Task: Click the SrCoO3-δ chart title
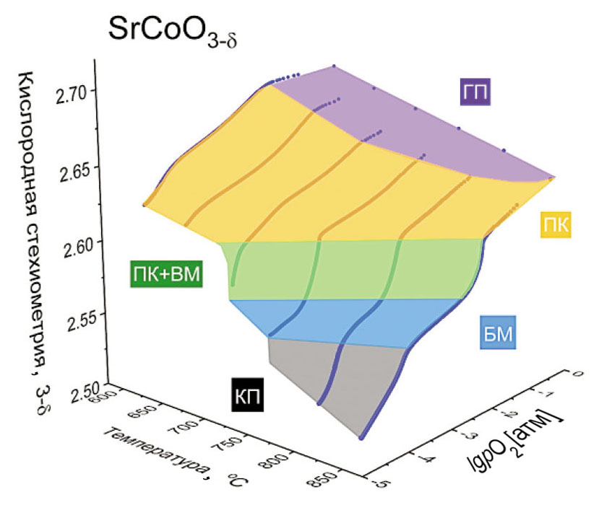[173, 32]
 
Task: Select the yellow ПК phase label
[555, 226]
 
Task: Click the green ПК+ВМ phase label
[166, 274]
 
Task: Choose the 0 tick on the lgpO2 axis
[576, 373]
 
